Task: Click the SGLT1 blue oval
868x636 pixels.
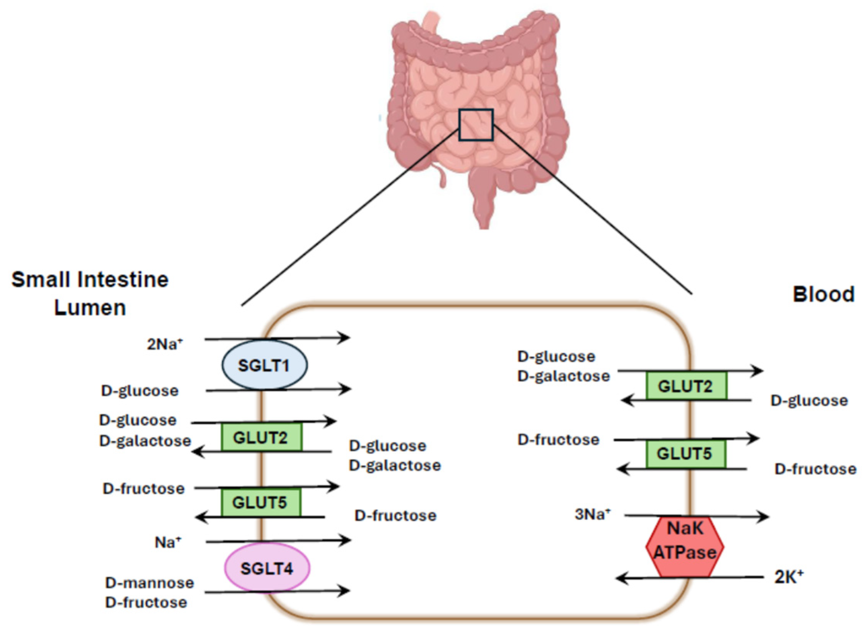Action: coord(264,365)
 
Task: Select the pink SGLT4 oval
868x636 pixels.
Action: coord(267,568)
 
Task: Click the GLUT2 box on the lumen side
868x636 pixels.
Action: coord(261,437)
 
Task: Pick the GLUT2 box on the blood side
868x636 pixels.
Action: coord(686,386)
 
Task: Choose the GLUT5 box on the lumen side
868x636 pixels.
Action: coord(260,503)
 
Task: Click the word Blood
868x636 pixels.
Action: coord(824,295)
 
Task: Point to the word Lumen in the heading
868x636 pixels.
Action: coord(90,308)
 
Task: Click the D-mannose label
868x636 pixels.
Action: coord(149,583)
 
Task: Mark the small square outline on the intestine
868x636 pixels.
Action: coord(476,124)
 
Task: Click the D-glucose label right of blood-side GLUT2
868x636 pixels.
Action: coord(809,401)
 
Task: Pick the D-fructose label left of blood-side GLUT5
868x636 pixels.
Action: coord(558,440)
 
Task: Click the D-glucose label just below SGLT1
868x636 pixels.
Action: coord(140,391)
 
